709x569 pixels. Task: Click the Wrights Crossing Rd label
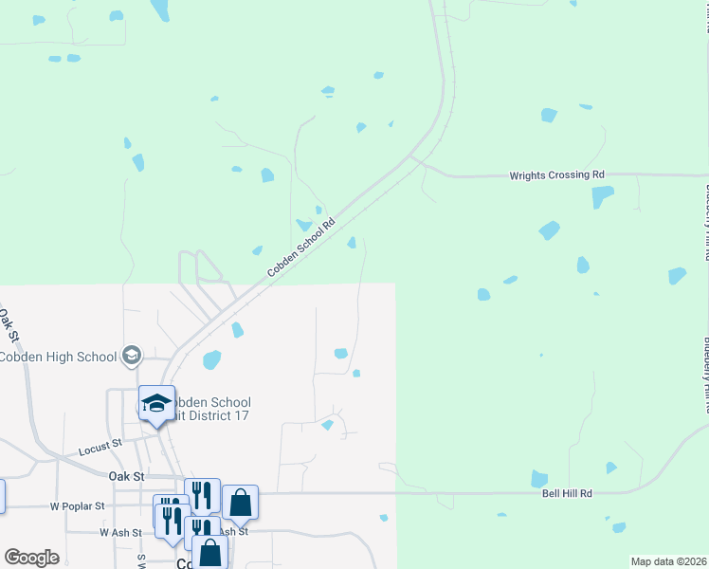coord(556,175)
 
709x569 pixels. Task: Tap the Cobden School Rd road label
coord(301,248)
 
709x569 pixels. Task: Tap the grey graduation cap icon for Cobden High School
coord(132,356)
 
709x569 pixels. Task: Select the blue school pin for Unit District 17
coord(156,404)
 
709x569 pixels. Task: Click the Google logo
coord(30,558)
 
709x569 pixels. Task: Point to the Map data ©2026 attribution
coord(668,561)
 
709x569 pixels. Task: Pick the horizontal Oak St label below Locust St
coord(125,475)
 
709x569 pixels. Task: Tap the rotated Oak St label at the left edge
coord(9,324)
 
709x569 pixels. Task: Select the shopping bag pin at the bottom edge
coord(209,553)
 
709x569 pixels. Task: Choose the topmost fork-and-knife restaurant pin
coord(202,495)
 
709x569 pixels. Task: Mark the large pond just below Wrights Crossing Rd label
coord(602,197)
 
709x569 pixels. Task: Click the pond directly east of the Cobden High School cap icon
coord(211,360)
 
